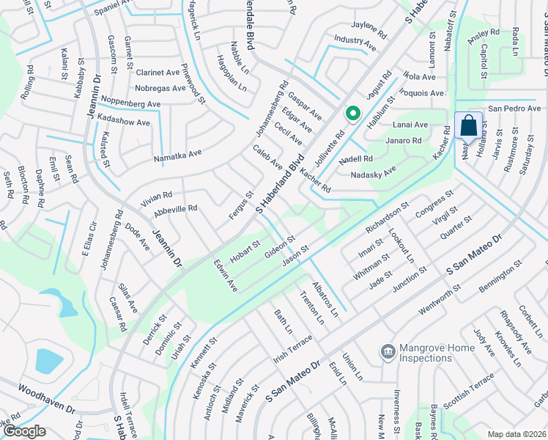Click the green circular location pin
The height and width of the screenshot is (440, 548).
[x=352, y=114]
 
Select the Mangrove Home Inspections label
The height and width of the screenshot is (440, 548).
[x=426, y=353]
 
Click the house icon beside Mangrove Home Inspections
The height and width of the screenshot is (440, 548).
[x=387, y=353]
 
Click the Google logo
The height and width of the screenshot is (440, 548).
[x=24, y=431]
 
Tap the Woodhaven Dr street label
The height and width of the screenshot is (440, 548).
[x=45, y=399]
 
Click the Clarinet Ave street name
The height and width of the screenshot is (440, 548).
[x=160, y=73]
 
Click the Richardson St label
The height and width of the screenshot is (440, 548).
[x=386, y=213]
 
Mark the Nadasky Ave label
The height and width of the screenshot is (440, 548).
[x=374, y=171]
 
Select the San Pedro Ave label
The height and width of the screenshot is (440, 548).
[x=514, y=109]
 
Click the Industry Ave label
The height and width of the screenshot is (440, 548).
[x=355, y=43]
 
